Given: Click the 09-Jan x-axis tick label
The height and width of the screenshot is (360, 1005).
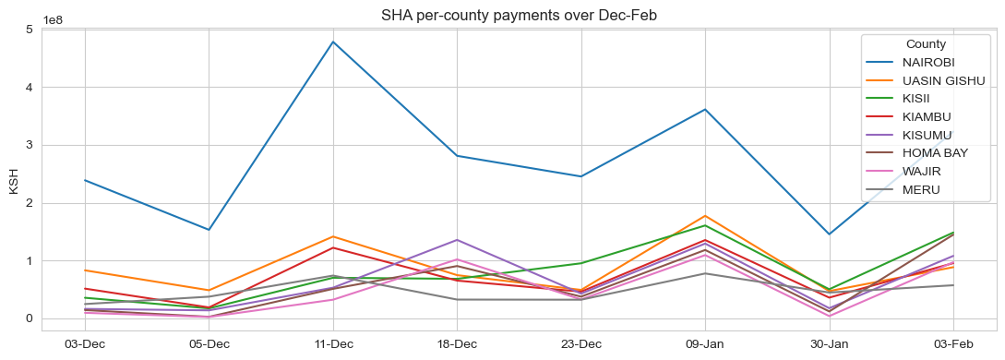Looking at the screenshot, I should pyautogui.click(x=705, y=343).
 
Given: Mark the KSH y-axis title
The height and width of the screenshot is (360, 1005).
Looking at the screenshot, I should pyautogui.click(x=13, y=180).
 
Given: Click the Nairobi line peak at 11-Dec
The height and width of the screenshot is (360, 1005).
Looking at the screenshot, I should pyautogui.click(x=333, y=42).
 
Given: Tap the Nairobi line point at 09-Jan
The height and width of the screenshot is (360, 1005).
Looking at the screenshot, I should pyautogui.click(x=705, y=109).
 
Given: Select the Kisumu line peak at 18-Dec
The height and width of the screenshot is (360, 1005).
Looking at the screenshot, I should pyautogui.click(x=457, y=240).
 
